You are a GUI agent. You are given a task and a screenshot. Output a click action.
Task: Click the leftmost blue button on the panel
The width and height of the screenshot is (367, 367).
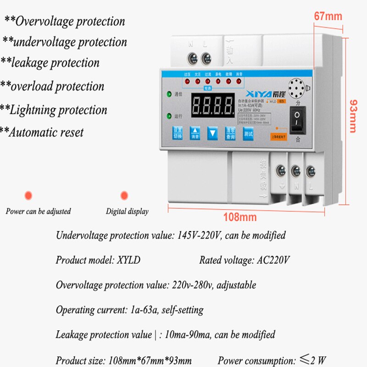point(177,133)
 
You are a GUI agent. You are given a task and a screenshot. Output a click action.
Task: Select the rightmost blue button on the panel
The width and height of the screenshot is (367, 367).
point(248,133)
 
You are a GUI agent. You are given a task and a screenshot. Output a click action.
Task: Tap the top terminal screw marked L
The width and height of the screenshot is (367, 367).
point(206,58)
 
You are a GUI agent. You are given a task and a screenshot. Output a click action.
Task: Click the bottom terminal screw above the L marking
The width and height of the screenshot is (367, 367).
point(311,172)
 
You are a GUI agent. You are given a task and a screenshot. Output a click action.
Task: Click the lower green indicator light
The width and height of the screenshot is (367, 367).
point(169,116)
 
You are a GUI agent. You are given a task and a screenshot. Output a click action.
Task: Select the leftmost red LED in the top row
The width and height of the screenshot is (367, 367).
point(187,81)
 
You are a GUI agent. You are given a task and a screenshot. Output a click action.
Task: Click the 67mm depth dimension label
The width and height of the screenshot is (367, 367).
point(328,17)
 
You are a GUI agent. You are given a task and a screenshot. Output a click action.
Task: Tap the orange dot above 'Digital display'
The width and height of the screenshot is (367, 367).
point(124,195)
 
